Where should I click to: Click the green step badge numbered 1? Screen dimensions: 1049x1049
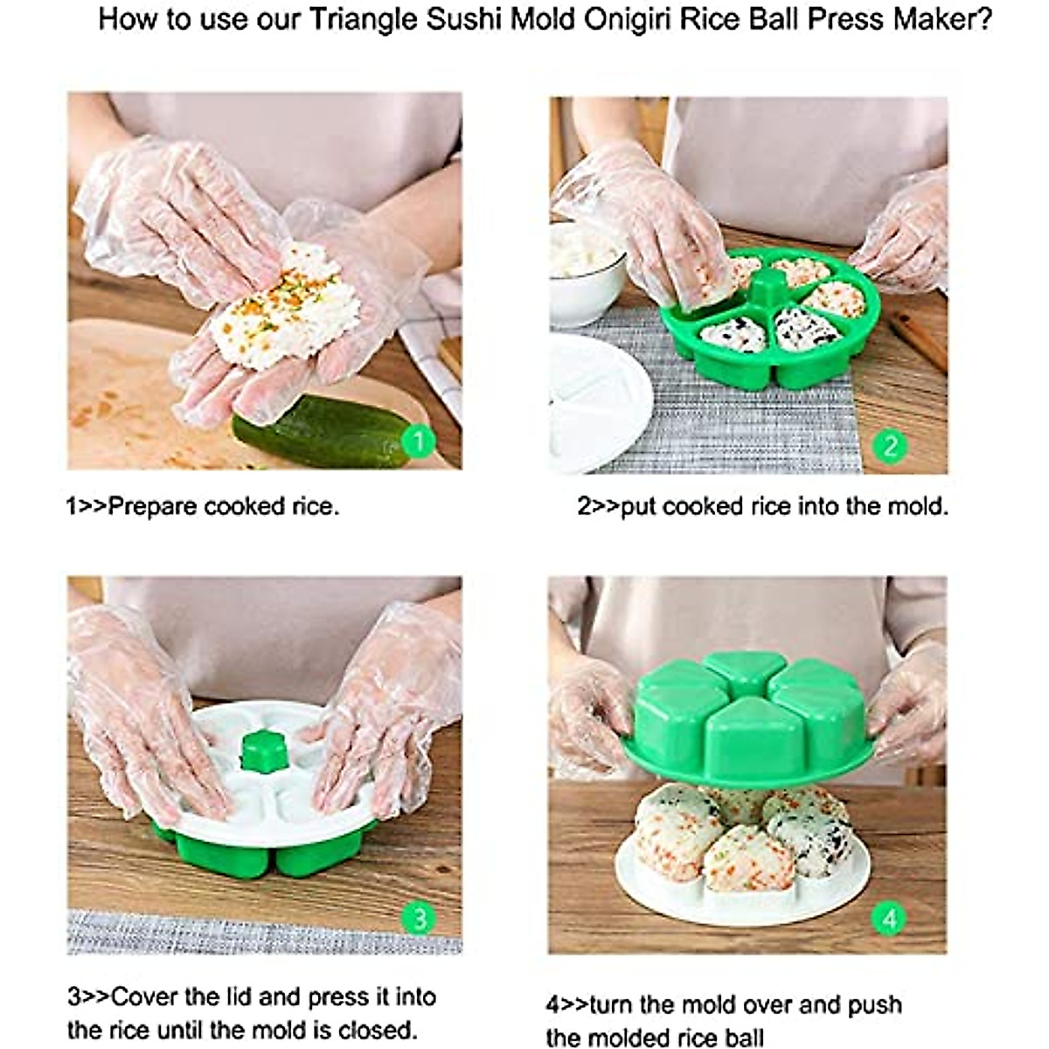coord(419,441)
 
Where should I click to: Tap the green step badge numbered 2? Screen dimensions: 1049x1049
coord(890,447)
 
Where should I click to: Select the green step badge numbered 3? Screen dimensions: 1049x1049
coord(420,919)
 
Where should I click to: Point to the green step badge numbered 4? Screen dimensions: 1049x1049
coord(890,919)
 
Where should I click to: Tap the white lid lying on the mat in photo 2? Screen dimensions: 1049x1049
coord(594,402)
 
